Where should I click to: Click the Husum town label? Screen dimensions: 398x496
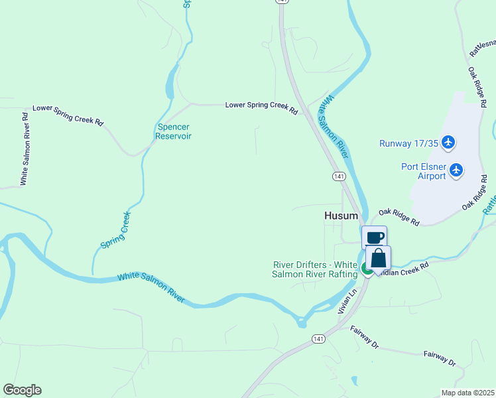coord(341,216)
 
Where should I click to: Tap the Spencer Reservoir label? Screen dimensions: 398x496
coord(173,131)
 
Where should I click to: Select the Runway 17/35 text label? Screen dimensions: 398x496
coord(408,143)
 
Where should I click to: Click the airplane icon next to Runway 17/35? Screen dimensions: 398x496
coord(449,142)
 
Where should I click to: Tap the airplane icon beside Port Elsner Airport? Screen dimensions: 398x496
coord(456,170)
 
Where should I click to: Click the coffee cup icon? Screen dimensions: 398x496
coord(374,237)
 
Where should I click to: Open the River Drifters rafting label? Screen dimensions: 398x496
coord(315,269)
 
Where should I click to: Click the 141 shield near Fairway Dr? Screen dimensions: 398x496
coord(318,338)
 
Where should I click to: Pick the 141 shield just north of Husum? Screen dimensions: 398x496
coord(339,176)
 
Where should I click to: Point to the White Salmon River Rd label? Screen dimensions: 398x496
coord(25,148)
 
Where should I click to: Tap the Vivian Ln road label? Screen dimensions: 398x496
coord(343,300)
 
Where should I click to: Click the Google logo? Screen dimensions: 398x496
coord(22,390)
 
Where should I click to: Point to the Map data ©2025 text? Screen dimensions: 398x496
coord(467,393)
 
